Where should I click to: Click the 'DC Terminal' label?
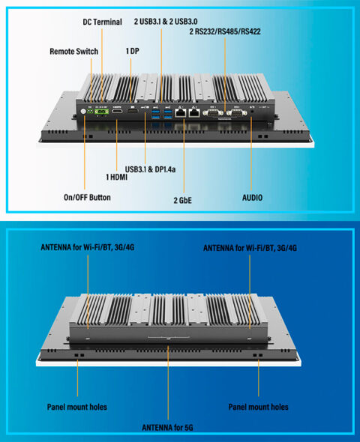click(x=102, y=22)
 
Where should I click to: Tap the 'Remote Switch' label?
click(x=73, y=52)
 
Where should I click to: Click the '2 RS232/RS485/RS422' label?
click(x=224, y=32)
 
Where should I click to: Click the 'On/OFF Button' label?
click(x=87, y=198)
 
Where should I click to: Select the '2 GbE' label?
click(x=184, y=201)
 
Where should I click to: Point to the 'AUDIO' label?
click(x=252, y=198)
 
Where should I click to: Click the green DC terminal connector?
click(x=99, y=112)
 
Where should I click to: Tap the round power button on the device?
click(x=84, y=113)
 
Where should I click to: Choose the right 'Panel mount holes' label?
click(x=258, y=407)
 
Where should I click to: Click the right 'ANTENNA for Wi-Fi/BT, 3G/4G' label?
click(x=250, y=247)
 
